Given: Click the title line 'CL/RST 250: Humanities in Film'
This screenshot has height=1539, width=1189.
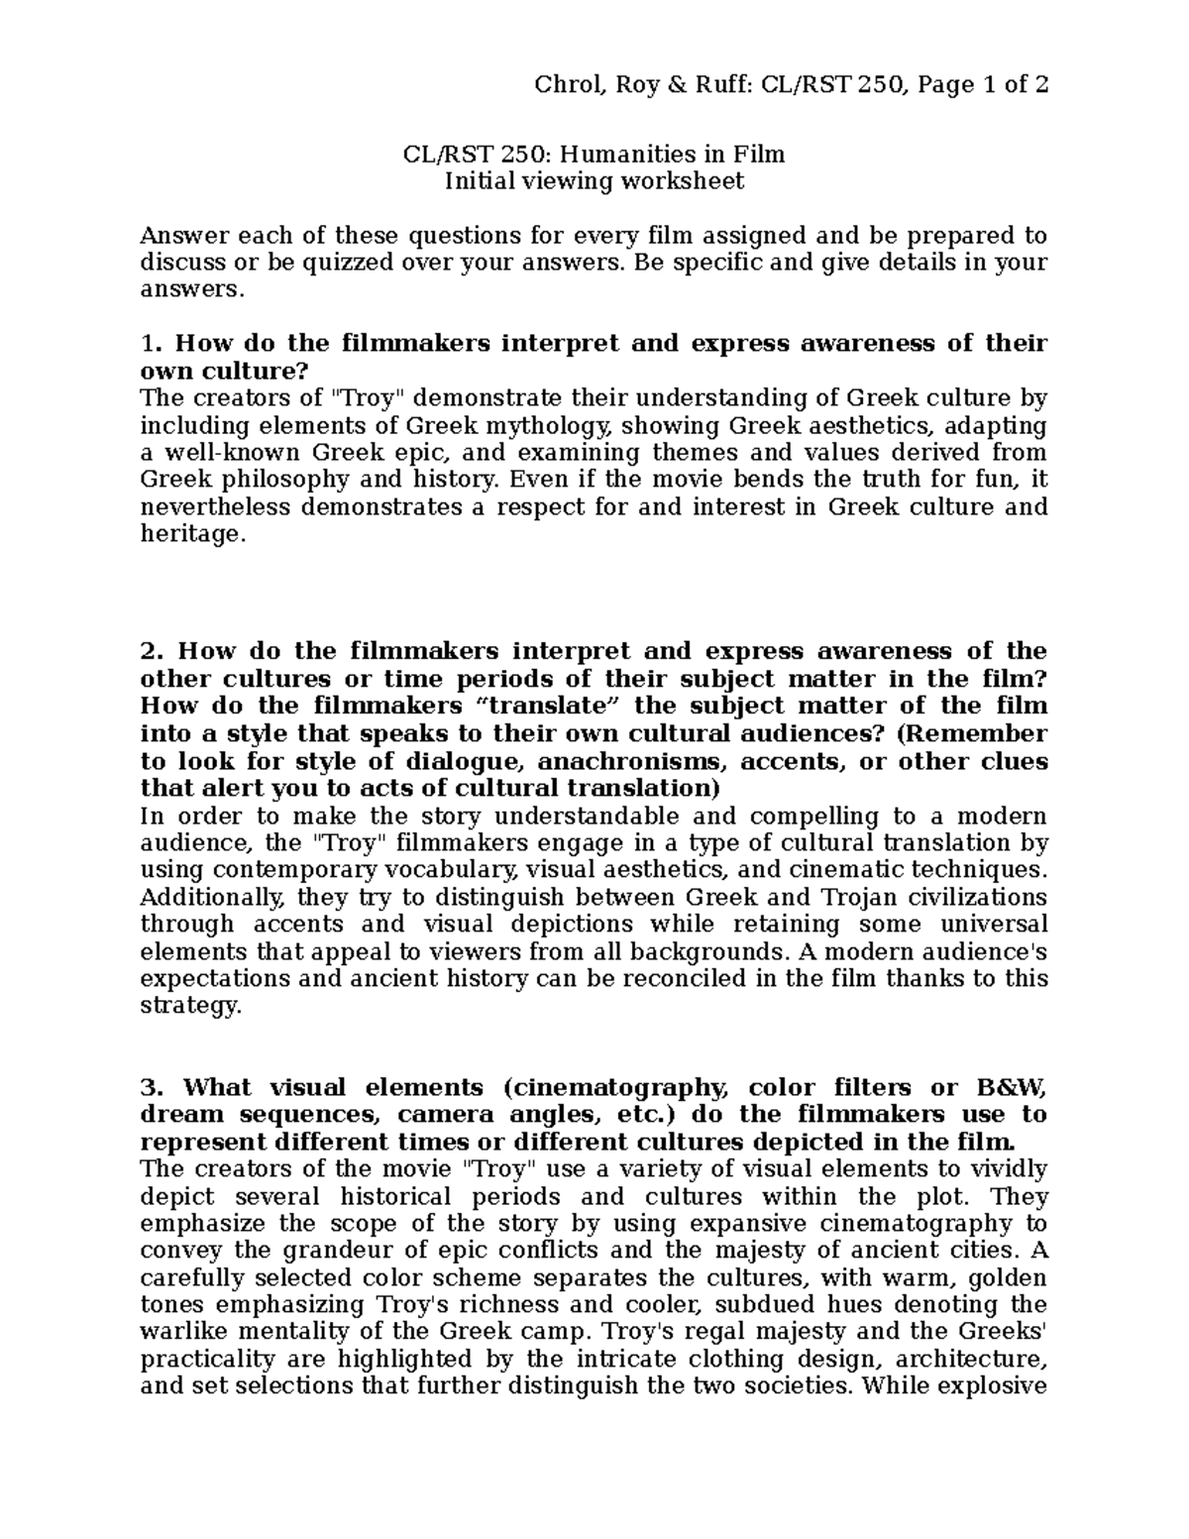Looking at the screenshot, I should [593, 155].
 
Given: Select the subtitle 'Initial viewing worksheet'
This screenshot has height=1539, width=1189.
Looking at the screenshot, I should [593, 181].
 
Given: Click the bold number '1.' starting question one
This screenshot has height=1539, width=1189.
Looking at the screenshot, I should [151, 344].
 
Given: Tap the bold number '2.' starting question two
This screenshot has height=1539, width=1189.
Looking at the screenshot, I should [151, 652].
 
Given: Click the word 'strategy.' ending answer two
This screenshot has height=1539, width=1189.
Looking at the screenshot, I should [190, 1007].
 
